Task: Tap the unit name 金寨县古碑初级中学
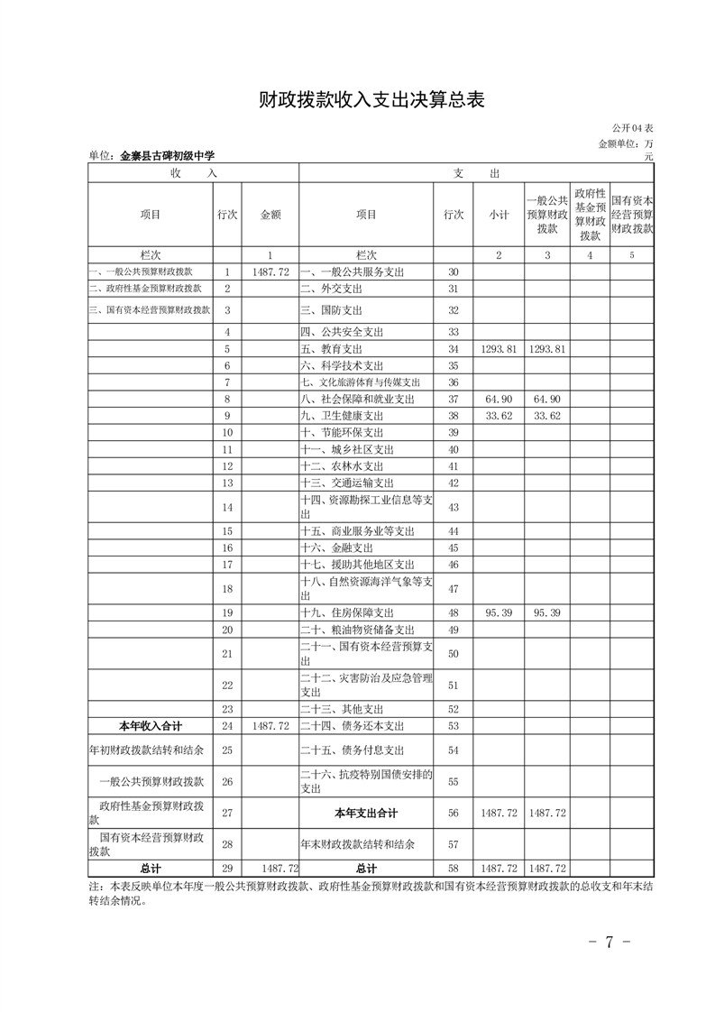pyautogui.click(x=167, y=156)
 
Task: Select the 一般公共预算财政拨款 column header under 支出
pyautogui.click(x=546, y=215)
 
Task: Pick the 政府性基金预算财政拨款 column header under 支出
pyautogui.click(x=590, y=215)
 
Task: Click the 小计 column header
pyautogui.click(x=499, y=215)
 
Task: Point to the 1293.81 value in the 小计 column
pyautogui.click(x=499, y=349)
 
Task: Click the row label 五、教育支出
pyautogui.click(x=335, y=349)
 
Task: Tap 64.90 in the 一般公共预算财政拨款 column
pyautogui.click(x=546, y=399)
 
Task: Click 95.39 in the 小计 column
pyautogui.click(x=499, y=612)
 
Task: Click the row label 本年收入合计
pyautogui.click(x=151, y=725)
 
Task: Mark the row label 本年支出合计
pyautogui.click(x=365, y=813)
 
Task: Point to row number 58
pyautogui.click(x=453, y=868)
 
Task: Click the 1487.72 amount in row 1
pyautogui.click(x=270, y=271)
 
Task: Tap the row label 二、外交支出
pyautogui.click(x=330, y=289)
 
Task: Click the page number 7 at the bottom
pyautogui.click(x=609, y=943)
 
